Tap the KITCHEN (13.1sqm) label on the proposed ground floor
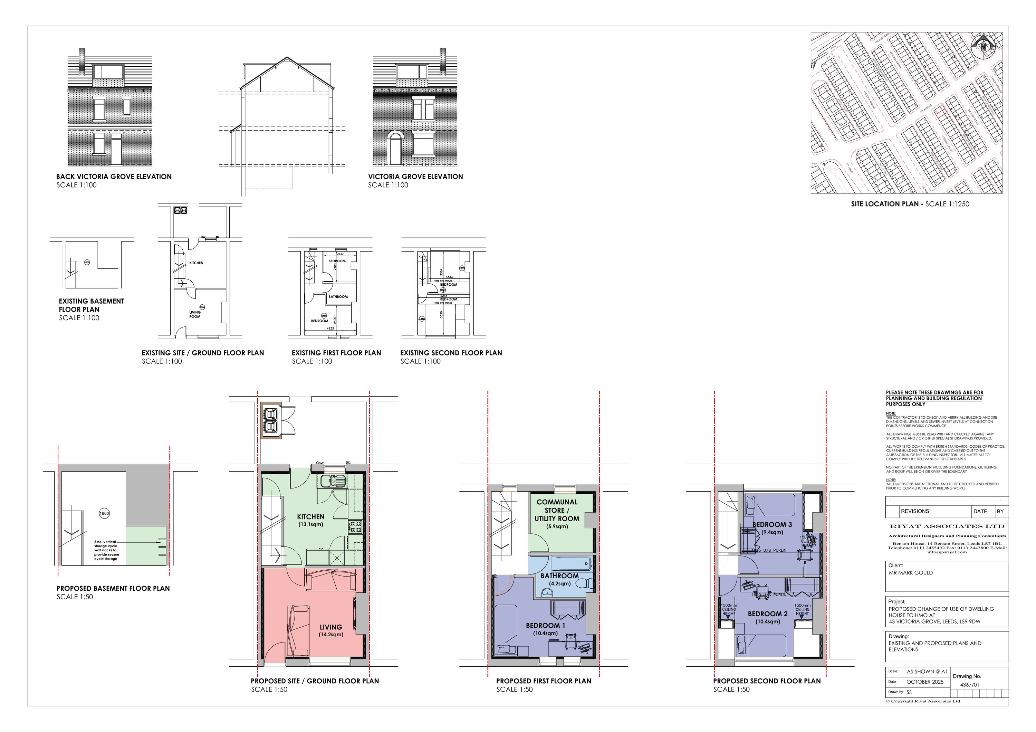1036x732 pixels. pos(310,520)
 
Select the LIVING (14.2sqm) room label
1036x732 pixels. pos(331,630)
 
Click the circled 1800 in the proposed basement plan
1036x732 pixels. pos(104,513)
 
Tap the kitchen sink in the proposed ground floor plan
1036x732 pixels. pos(333,481)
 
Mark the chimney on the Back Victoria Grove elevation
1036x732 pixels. pos(81,62)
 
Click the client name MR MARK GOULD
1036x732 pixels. pos(911,573)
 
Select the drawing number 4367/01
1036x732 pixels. pos(970,685)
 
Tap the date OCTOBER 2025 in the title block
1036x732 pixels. pos(924,682)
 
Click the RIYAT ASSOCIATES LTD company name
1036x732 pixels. pos(947,526)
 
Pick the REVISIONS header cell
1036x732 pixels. pos(915,511)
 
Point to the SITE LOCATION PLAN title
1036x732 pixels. pos(910,204)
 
